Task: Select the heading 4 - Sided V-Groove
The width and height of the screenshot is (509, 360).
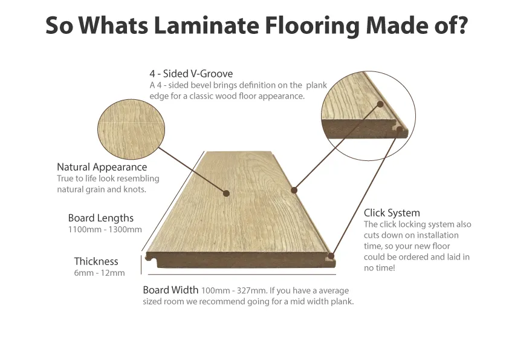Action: [191, 74]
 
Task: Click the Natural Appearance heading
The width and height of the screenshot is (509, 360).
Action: [102, 167]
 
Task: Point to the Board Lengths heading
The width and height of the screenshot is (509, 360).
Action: [100, 218]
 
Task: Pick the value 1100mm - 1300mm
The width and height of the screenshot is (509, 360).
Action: [105, 229]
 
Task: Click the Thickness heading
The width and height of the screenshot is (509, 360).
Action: [96, 261]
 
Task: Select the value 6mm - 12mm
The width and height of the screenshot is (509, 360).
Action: [99, 273]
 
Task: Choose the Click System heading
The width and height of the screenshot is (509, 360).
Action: [392, 213]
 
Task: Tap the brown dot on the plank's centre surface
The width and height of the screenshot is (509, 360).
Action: [226, 194]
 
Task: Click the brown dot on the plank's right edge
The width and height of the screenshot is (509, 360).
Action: [294, 190]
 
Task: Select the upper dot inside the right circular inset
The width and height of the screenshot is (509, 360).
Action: [381, 104]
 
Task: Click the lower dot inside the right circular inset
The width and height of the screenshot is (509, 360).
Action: [400, 128]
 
